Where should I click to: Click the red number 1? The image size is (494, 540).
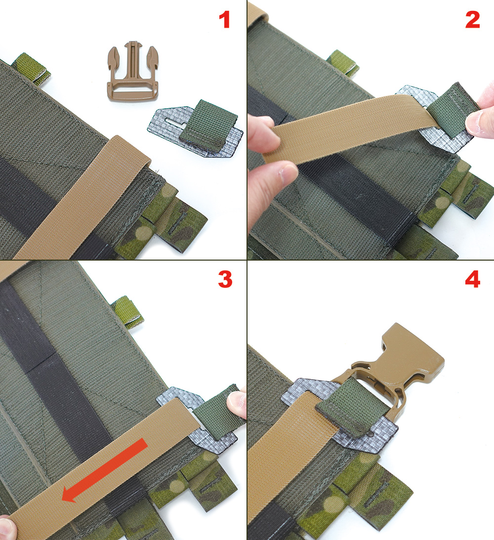pyautogui.click(x=225, y=20)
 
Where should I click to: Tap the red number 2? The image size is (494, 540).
pyautogui.click(x=472, y=20)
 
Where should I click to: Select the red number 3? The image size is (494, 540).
pyautogui.click(x=225, y=279)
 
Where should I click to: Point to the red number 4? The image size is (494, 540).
pyautogui.click(x=473, y=279)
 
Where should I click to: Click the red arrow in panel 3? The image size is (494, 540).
pyautogui.click(x=105, y=470)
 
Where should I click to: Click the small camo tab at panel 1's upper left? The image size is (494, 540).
pyautogui.click(x=31, y=69)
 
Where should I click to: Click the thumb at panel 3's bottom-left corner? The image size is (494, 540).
pyautogui.click(x=7, y=527)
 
